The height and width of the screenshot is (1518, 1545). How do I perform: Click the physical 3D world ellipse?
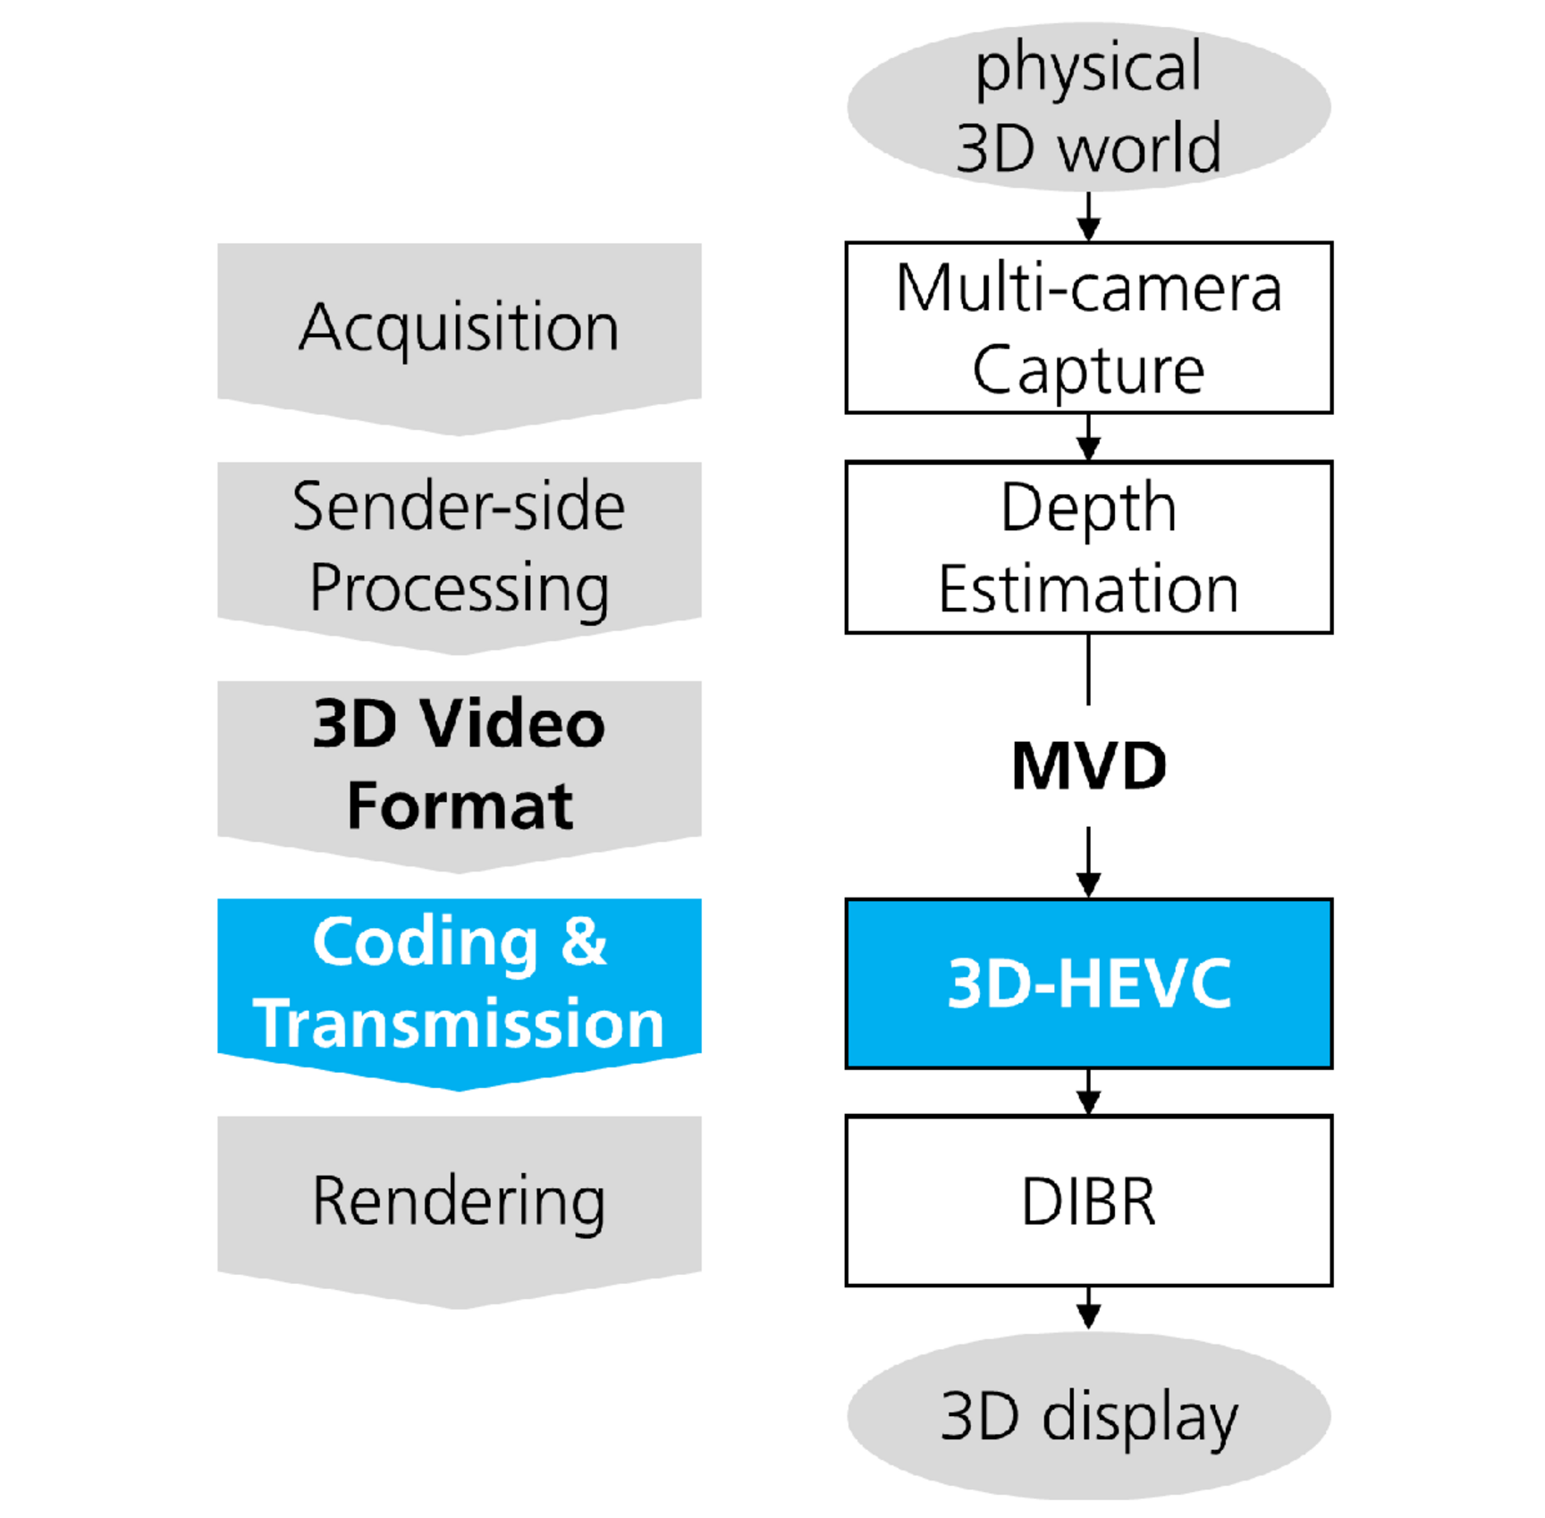tap(1088, 107)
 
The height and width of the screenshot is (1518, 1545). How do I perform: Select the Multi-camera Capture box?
tap(1088, 327)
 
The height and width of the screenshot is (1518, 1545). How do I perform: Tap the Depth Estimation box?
tap(1088, 547)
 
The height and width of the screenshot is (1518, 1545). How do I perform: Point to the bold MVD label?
tap(1088, 766)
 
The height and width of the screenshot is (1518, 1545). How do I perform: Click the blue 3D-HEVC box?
tap(1088, 983)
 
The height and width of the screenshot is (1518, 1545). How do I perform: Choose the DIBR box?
tap(1088, 1201)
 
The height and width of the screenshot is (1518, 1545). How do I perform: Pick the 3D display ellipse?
tap(1088, 1416)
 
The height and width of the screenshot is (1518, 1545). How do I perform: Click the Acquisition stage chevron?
tap(459, 329)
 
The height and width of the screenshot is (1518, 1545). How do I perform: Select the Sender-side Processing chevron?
tap(459, 548)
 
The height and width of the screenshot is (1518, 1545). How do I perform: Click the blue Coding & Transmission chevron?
tap(459, 984)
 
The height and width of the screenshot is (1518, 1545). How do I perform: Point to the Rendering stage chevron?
tap(459, 1202)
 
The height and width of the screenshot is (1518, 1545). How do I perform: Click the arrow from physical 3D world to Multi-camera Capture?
tap(1088, 217)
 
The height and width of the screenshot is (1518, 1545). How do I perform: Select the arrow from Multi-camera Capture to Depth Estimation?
tap(1088, 437)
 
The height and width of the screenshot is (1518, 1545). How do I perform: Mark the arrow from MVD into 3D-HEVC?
tap(1088, 862)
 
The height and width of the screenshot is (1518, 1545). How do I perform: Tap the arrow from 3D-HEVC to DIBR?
tap(1088, 1092)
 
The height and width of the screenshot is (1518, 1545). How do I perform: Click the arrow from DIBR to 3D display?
tap(1088, 1308)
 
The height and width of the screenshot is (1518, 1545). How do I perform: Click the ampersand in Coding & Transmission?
tap(584, 942)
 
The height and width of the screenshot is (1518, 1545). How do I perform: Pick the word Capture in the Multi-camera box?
tap(1088, 369)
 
